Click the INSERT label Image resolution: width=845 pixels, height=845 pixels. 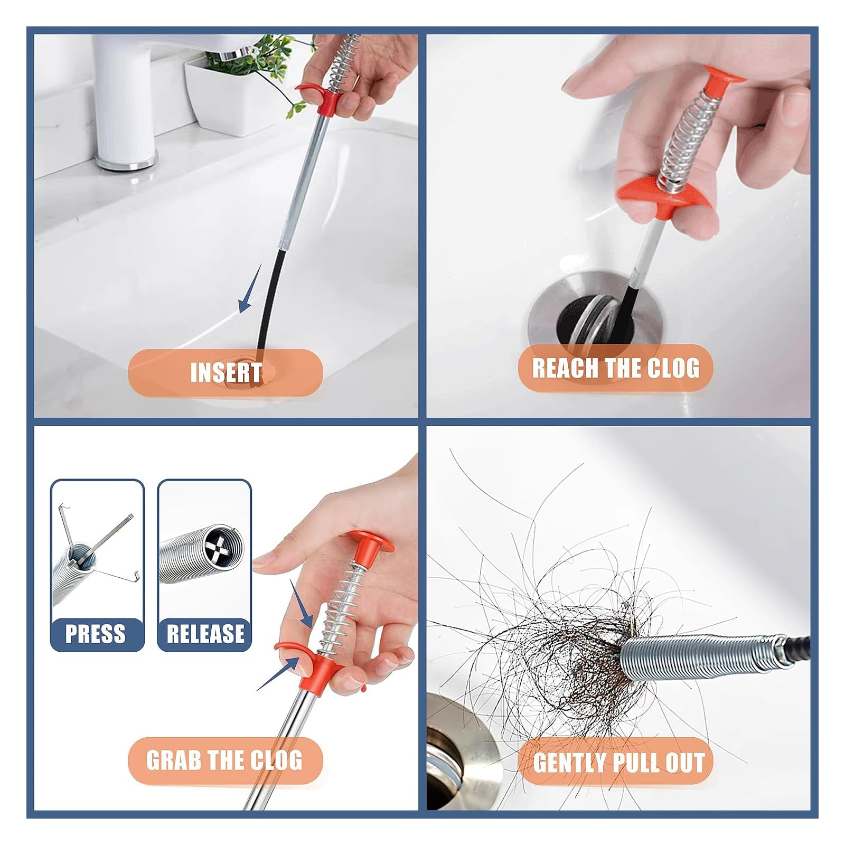click(x=226, y=372)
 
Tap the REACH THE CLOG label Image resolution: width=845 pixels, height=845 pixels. click(x=615, y=368)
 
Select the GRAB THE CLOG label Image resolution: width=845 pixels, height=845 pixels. click(x=224, y=759)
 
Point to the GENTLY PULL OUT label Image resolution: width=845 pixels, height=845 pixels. click(x=619, y=763)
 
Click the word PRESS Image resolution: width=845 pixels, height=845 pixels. click(x=96, y=633)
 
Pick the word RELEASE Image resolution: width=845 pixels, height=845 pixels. click(x=205, y=633)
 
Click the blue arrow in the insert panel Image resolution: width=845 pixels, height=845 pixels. click(x=249, y=289)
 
